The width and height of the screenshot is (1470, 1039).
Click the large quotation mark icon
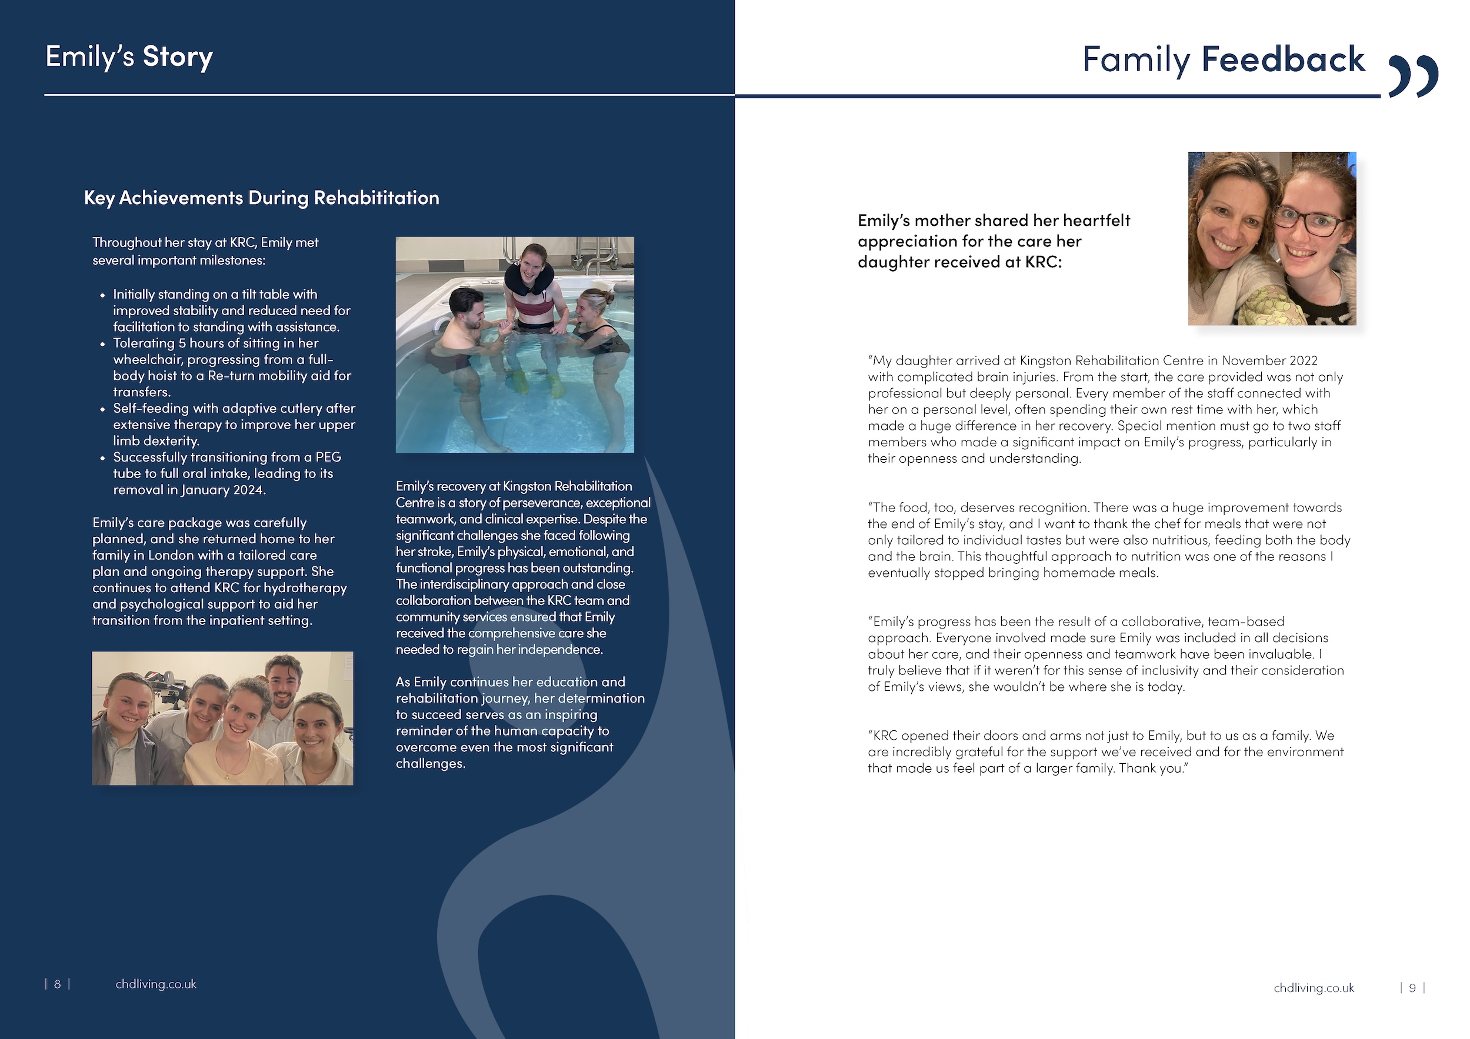[x=1412, y=75]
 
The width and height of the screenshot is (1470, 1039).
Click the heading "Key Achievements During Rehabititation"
[x=261, y=198]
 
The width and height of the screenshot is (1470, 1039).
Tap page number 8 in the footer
[x=58, y=984]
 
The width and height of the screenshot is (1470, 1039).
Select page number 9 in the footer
[x=1412, y=988]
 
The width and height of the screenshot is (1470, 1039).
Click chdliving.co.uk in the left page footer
[x=155, y=984]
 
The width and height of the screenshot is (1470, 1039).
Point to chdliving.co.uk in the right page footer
[x=1314, y=988]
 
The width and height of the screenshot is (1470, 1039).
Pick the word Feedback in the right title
[x=1283, y=59]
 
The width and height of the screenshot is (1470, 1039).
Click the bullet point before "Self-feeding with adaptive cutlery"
[x=102, y=409]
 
